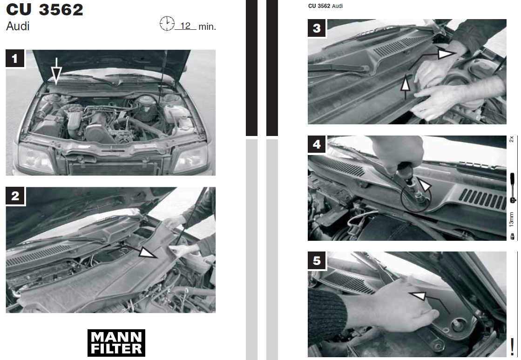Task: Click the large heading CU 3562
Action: (x=45, y=9)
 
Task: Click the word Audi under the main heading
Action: (x=18, y=26)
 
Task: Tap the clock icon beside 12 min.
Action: (x=167, y=24)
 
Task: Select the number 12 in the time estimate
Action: (x=185, y=26)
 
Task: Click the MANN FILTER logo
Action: (x=116, y=343)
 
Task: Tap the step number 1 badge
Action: (x=15, y=59)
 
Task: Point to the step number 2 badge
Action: (x=15, y=196)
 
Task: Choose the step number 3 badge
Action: (x=317, y=28)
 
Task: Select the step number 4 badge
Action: (x=317, y=144)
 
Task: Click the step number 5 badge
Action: (x=317, y=260)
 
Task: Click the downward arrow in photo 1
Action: (x=56, y=71)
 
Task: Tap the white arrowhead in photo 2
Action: (x=147, y=252)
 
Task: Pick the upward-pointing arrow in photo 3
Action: (x=405, y=87)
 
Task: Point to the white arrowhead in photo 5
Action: (x=418, y=295)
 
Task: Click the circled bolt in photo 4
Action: (x=416, y=198)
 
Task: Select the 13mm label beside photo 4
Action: (x=512, y=220)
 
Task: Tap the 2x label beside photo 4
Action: (x=512, y=139)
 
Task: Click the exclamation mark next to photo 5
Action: (x=512, y=346)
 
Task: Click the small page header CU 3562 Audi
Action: (x=325, y=6)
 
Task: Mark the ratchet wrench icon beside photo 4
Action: (x=513, y=188)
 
